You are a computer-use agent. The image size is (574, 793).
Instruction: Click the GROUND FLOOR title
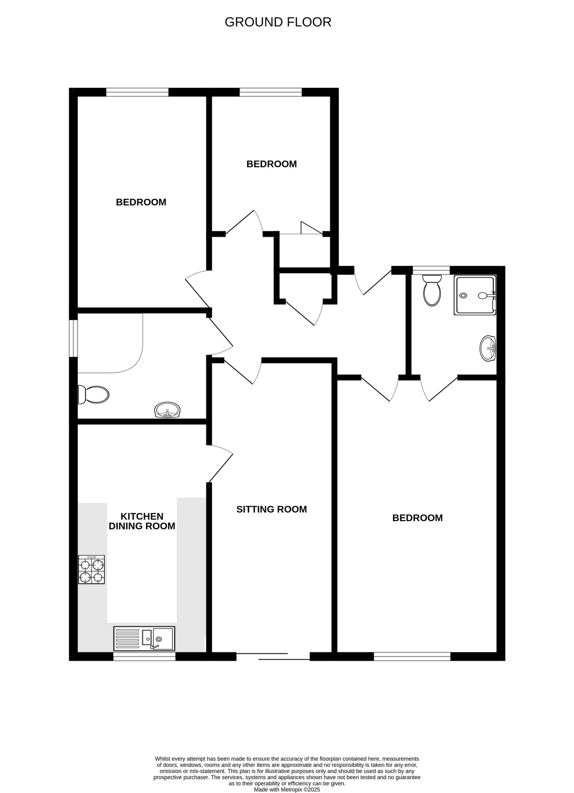(x=278, y=22)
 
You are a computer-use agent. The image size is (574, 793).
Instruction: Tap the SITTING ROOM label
(x=271, y=509)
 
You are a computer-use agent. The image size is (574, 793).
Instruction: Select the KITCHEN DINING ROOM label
(x=142, y=521)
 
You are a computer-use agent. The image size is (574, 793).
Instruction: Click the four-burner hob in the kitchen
(x=91, y=570)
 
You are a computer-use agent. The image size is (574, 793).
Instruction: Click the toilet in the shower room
(x=432, y=290)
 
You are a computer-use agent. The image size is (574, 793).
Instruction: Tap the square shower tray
(x=474, y=295)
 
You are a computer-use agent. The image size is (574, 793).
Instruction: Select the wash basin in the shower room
(x=488, y=348)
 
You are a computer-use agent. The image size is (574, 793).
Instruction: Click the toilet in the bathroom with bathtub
(x=93, y=395)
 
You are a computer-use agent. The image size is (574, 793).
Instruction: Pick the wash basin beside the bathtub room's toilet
(x=168, y=410)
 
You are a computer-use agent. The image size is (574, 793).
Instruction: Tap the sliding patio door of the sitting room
(x=273, y=656)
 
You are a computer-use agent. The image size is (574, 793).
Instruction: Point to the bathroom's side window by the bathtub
(x=73, y=338)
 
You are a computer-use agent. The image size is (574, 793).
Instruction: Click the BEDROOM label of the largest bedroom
(x=417, y=518)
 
